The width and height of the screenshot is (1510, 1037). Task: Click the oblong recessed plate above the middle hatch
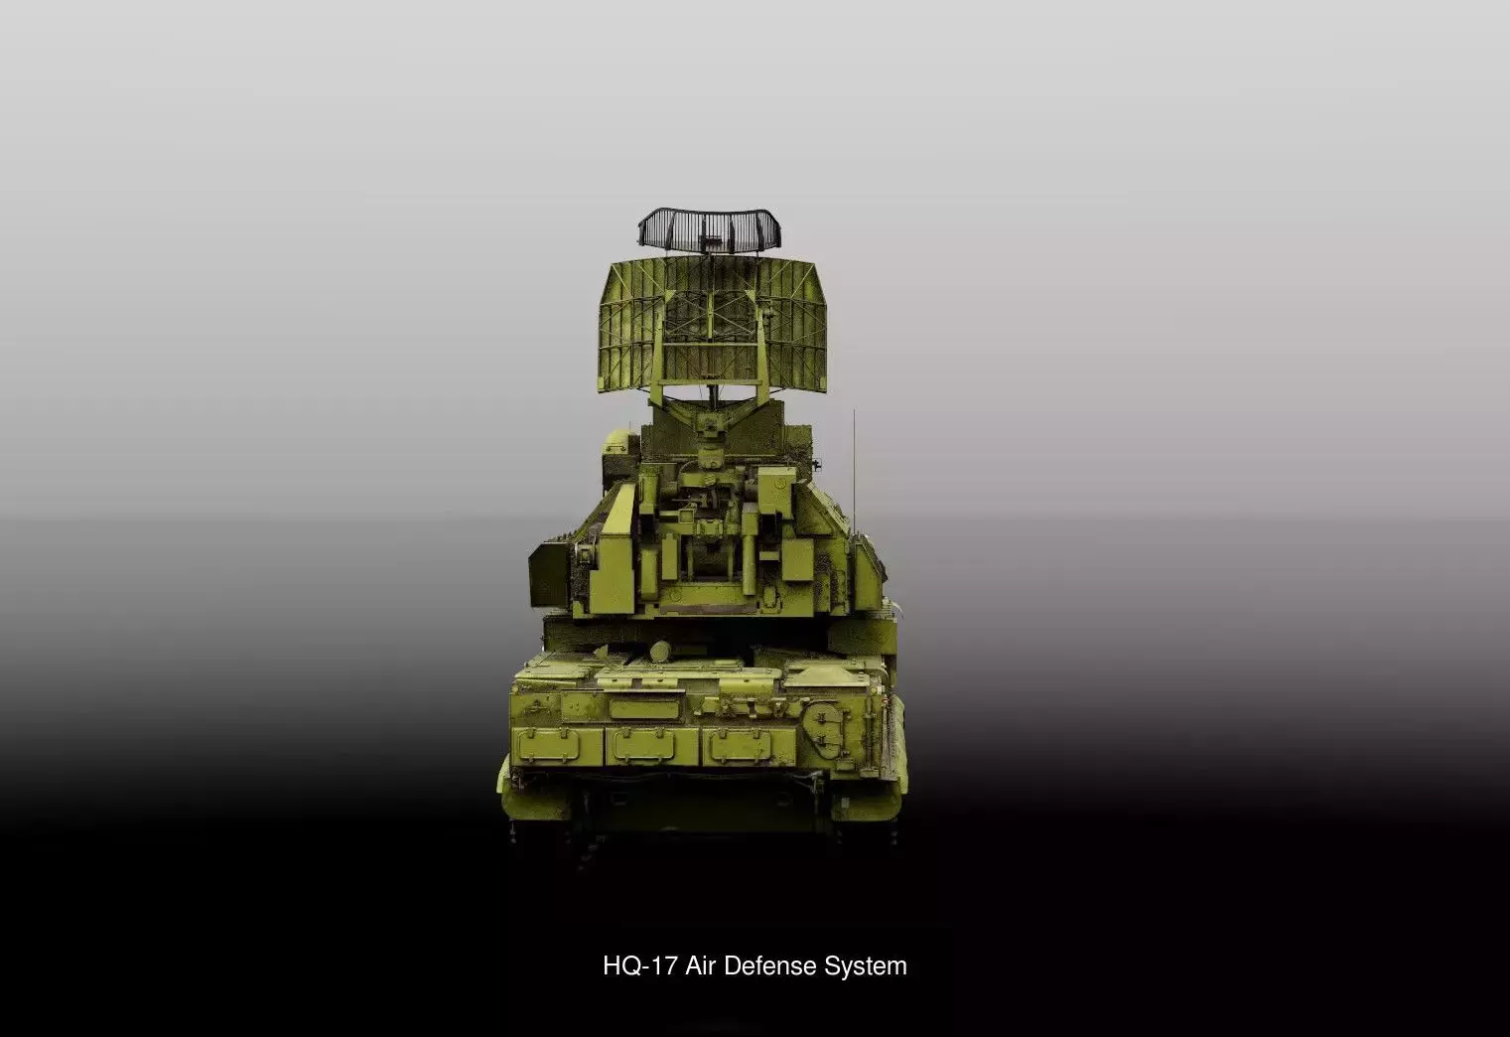point(643,707)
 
